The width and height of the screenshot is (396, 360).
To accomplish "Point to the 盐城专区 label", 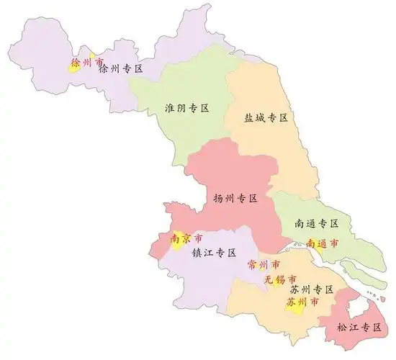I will (266, 117).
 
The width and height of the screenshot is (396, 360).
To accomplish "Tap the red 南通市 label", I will (322, 243).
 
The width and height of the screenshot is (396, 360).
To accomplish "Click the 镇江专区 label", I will (214, 253).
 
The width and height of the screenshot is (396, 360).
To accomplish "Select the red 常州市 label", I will (263, 264).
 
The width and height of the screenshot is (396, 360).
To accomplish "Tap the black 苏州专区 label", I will (310, 289).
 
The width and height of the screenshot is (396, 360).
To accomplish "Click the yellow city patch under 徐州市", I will (74, 67).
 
